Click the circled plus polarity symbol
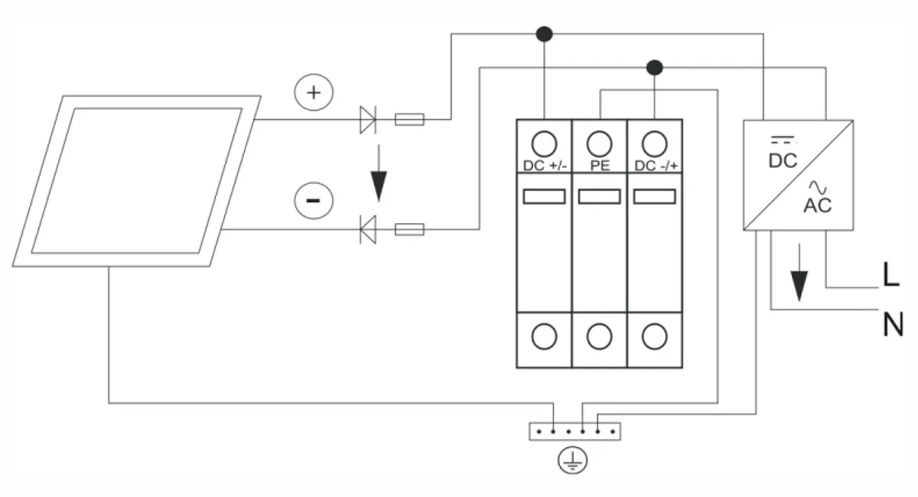[x=314, y=93]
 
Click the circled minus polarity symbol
[x=314, y=200]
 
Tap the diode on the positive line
[x=368, y=119]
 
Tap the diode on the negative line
[x=368, y=229]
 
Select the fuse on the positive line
[x=409, y=119]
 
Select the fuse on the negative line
[x=409, y=229]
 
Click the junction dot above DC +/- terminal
[x=544, y=34]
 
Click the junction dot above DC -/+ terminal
[x=655, y=67]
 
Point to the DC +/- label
[x=545, y=165]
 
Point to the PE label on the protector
[x=600, y=165]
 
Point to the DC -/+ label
[x=656, y=165]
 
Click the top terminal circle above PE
[x=600, y=144]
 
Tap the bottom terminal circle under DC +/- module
[x=544, y=336]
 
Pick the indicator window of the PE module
[x=599, y=197]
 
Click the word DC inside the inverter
[x=783, y=161]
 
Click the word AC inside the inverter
[x=818, y=205]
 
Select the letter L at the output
[x=891, y=274]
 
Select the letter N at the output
[x=893, y=324]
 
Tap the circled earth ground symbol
[x=572, y=460]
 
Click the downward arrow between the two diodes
[x=379, y=173]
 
